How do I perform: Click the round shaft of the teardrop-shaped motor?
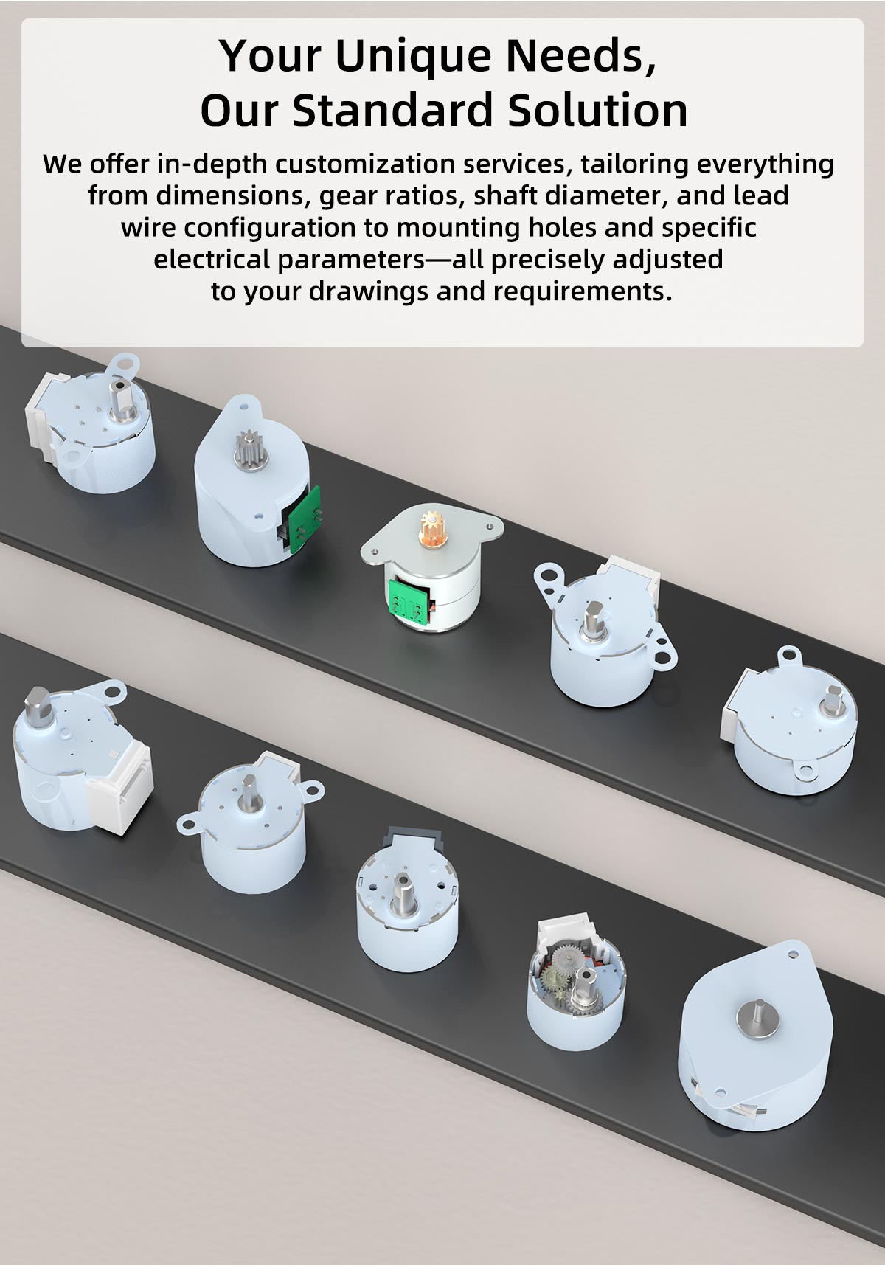756,1014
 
